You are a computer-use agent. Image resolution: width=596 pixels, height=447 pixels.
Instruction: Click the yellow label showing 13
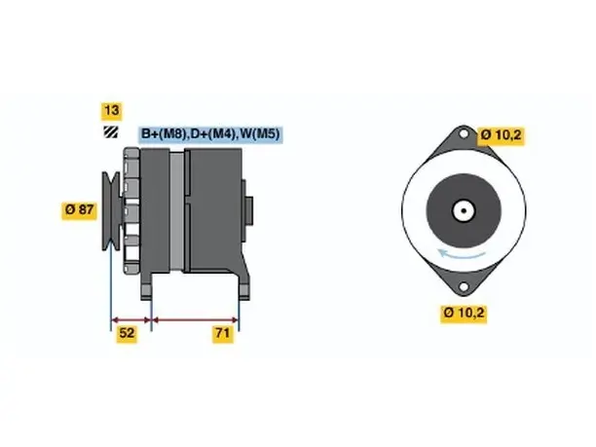coord(111,111)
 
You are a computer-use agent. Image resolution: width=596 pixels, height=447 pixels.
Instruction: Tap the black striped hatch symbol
coord(111,131)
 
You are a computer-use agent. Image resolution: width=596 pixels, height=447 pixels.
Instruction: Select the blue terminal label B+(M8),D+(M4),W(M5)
coord(210,133)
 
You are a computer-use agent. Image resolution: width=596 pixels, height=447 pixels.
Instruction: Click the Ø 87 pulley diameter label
coord(80,209)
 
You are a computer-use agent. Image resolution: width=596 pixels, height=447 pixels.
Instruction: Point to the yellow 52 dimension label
coord(127,333)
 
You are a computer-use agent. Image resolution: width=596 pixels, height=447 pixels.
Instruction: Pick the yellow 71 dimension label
coord(223,333)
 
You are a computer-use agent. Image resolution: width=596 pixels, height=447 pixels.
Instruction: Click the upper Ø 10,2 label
coord(501,135)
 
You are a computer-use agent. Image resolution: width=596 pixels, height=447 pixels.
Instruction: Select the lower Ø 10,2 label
coord(464,314)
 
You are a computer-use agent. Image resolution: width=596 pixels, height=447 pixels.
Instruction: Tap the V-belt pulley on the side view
coord(111,211)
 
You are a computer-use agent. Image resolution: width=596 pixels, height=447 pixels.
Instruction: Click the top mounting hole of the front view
coord(464,133)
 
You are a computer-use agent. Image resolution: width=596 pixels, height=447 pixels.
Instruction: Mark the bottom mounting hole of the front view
coord(464,286)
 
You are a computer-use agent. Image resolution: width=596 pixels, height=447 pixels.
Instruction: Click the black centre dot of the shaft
coord(464,210)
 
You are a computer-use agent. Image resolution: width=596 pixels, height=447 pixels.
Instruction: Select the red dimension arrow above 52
coord(131,319)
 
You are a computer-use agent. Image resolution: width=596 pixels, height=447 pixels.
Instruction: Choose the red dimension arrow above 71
coord(195,319)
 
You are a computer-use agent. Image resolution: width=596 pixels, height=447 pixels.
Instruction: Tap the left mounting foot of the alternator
coord(146,286)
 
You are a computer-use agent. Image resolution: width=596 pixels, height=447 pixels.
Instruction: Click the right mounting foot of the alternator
coord(244,286)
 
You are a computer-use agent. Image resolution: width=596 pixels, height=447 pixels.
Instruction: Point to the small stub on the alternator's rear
coord(248,211)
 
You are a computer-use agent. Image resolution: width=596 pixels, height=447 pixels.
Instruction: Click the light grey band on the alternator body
coord(176,211)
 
